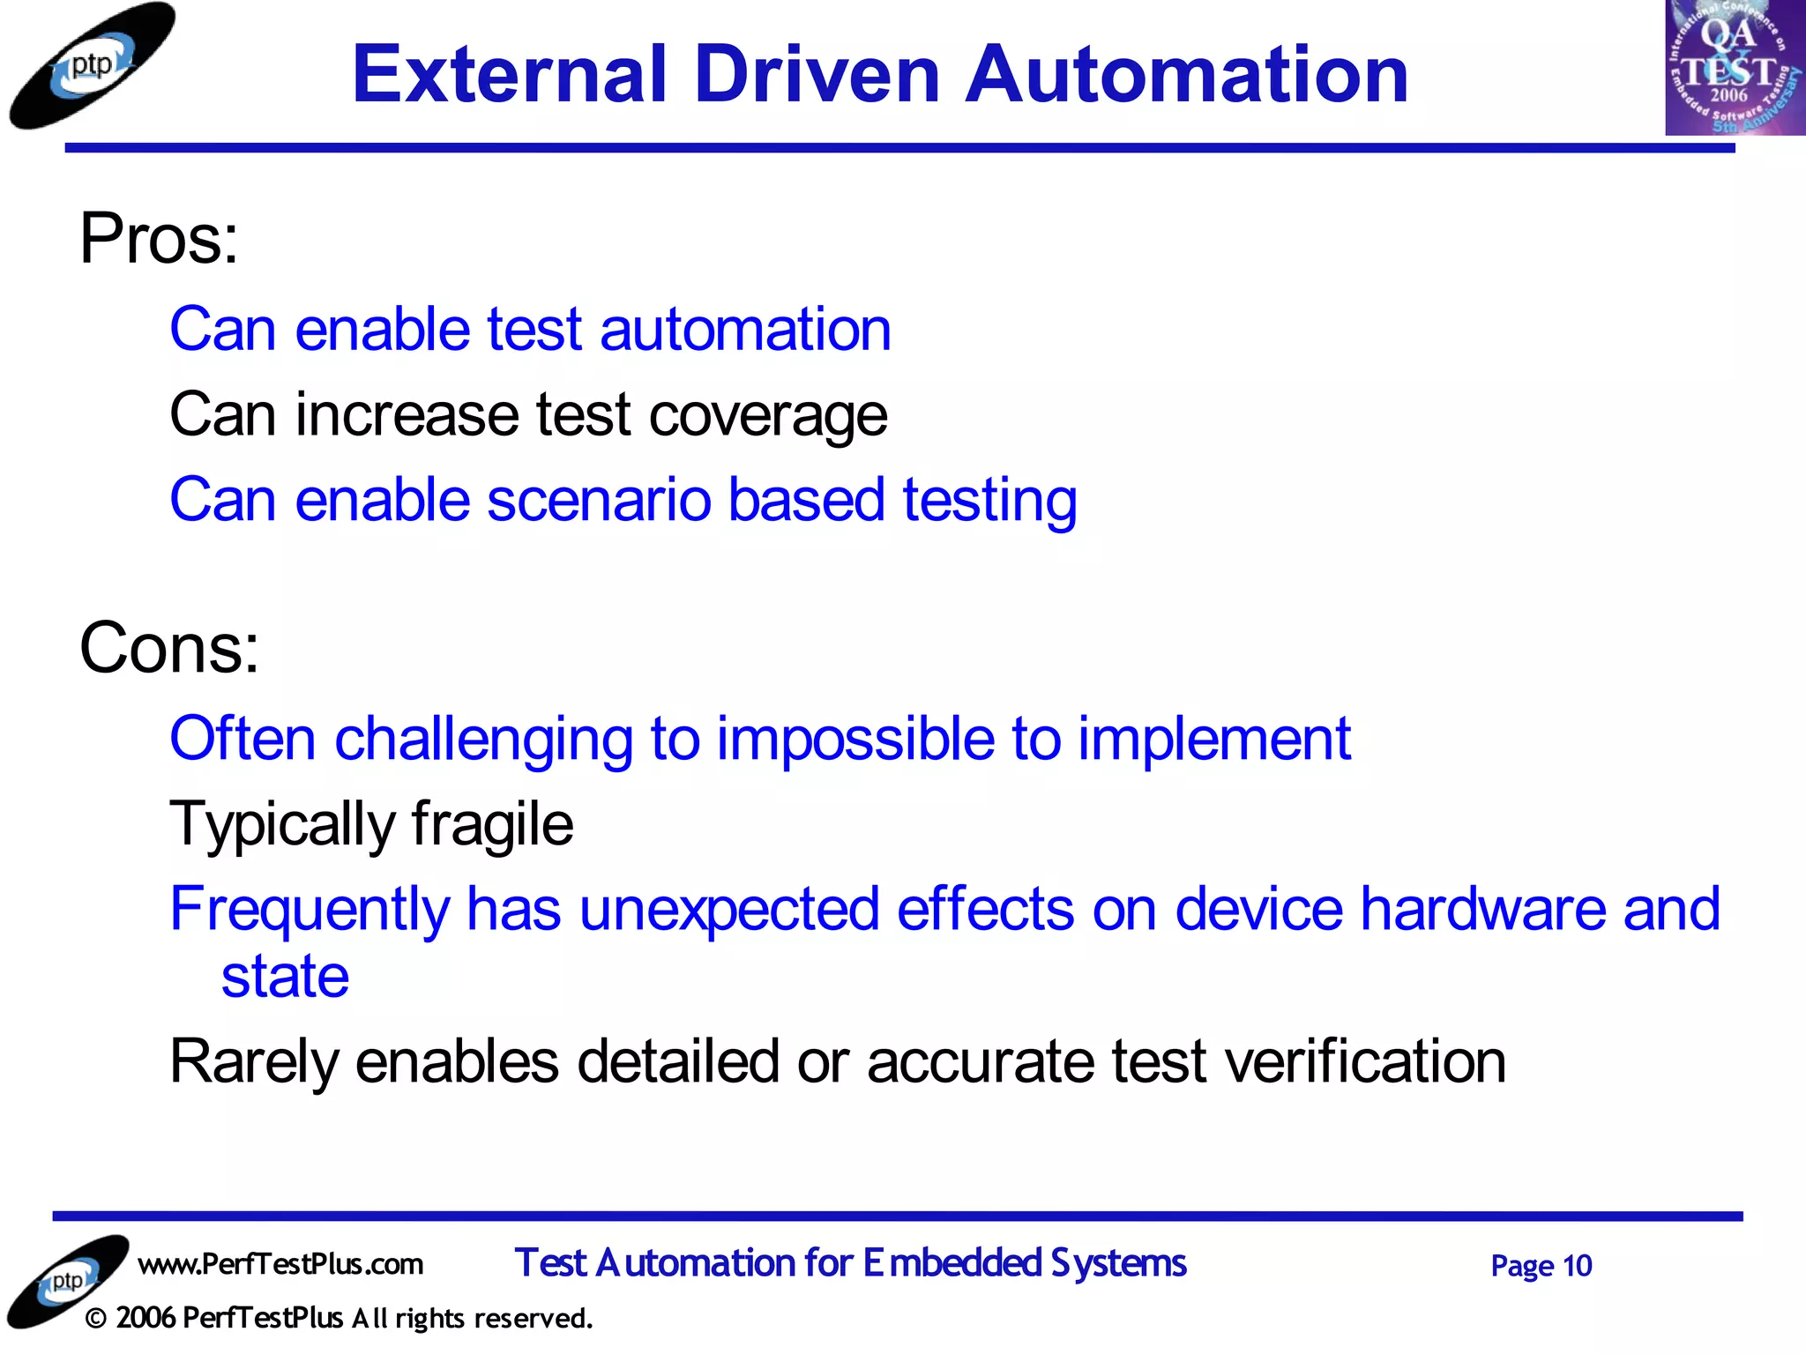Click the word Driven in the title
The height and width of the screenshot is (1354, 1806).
(x=817, y=75)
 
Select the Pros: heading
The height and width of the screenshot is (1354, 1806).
(x=159, y=239)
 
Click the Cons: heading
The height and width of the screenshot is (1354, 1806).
(x=169, y=648)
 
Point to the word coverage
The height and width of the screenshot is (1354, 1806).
(x=767, y=416)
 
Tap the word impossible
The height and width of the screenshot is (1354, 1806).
(x=855, y=739)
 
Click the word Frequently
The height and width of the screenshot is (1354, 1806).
(x=310, y=910)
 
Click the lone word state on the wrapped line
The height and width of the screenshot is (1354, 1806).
(x=285, y=977)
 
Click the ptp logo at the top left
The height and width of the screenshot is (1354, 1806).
(x=92, y=66)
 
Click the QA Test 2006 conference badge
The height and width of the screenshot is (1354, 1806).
(x=1734, y=68)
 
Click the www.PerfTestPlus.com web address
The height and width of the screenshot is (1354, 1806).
(x=280, y=1264)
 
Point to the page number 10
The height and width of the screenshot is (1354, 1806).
(x=1577, y=1266)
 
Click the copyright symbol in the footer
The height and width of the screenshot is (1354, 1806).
(x=97, y=1319)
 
